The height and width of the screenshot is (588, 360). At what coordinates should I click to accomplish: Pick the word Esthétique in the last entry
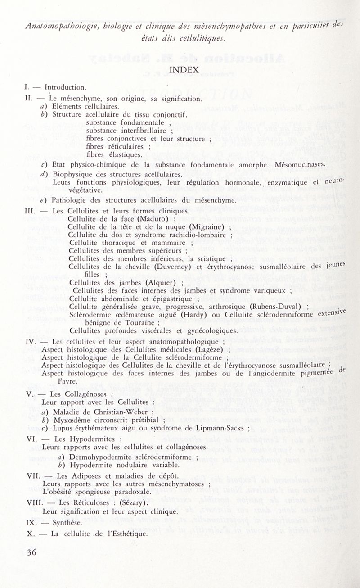[x=126, y=534]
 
